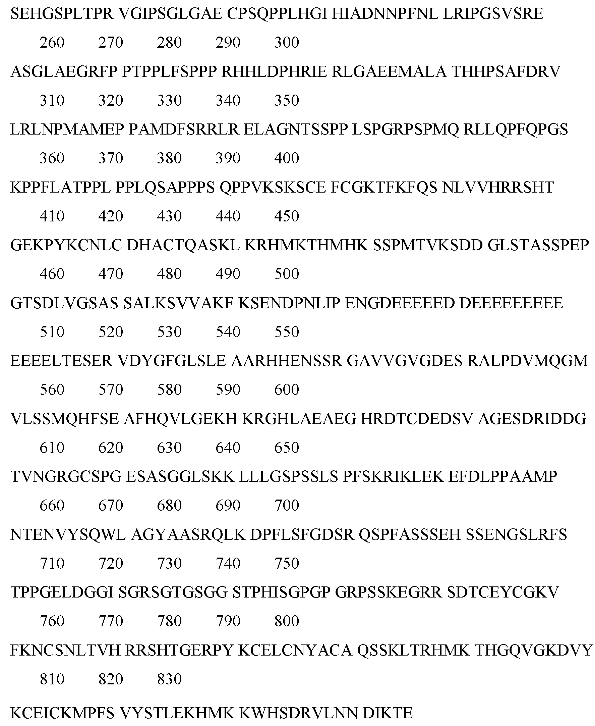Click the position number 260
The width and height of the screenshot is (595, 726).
click(52, 43)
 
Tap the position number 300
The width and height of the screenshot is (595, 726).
click(287, 43)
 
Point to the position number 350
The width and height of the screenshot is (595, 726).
click(287, 101)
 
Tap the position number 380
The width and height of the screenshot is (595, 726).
click(169, 158)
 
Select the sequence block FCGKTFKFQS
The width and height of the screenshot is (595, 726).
click(384, 187)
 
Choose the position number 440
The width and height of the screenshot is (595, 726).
click(228, 216)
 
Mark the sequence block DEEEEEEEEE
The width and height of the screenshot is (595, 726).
click(511, 303)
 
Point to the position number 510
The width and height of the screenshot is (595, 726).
click(52, 332)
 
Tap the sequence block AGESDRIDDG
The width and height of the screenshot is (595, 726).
click(532, 418)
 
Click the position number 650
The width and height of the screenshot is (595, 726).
click(287, 448)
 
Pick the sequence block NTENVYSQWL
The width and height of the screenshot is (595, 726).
click(68, 535)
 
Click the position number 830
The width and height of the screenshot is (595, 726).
click(169, 679)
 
